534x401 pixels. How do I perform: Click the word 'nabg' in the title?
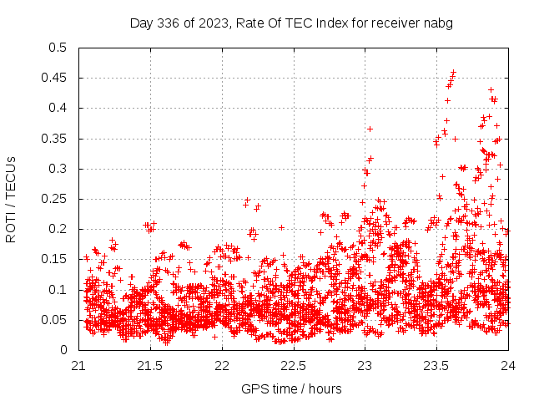(438, 23)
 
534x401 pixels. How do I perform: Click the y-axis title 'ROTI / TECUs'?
(11, 199)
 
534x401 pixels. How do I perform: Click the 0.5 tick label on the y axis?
(58, 48)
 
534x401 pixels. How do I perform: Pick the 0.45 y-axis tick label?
(54, 78)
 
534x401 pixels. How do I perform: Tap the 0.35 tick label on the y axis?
(54, 138)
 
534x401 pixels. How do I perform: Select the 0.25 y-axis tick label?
(54, 199)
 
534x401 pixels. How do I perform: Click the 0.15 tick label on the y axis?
(54, 259)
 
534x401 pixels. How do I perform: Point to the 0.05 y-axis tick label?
(54, 319)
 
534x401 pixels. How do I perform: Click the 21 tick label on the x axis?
(79, 365)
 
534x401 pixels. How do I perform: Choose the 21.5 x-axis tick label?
(150, 365)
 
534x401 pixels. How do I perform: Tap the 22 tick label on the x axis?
(222, 365)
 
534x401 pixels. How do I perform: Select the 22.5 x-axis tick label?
(294, 365)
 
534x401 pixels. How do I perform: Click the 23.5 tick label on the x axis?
(436, 365)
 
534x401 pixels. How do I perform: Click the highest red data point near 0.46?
(454, 72)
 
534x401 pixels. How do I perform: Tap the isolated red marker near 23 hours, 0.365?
(370, 129)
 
